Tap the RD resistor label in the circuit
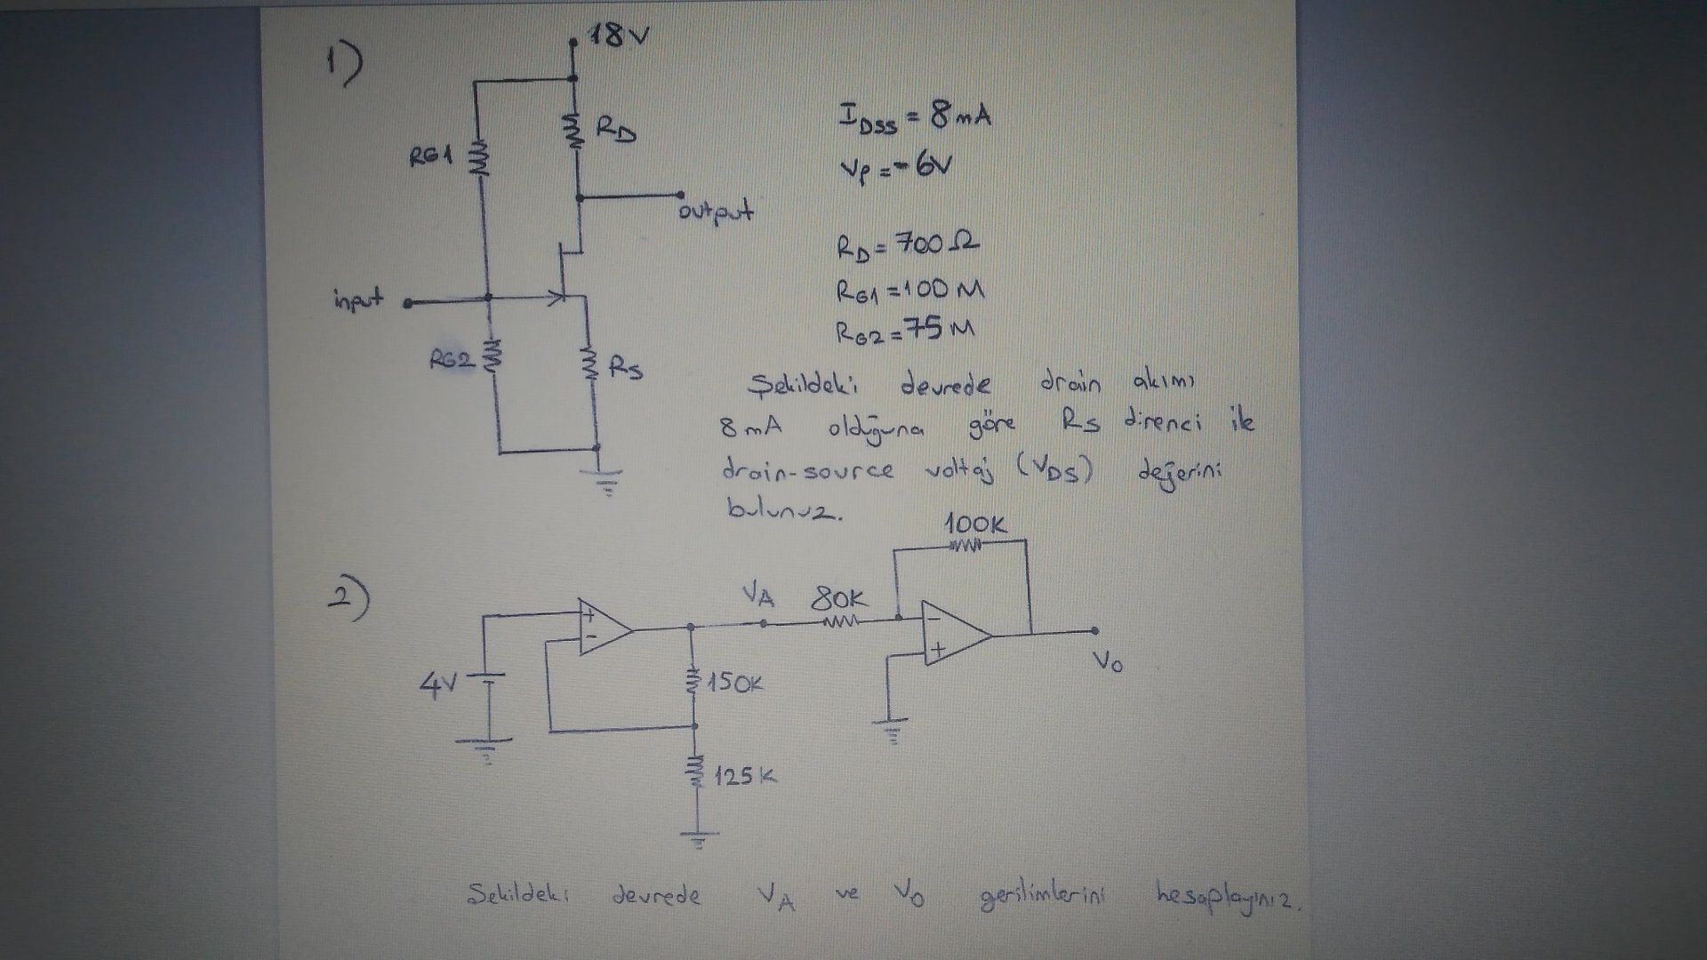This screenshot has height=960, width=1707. click(615, 131)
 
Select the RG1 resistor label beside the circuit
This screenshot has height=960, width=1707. click(430, 157)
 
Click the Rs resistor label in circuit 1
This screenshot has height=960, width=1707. click(627, 368)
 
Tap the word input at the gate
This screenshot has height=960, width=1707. click(358, 299)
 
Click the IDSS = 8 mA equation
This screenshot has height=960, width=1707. click(914, 116)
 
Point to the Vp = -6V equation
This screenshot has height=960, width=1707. click(894, 165)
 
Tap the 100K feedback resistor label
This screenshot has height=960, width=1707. click(975, 524)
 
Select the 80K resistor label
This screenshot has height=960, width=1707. click(839, 598)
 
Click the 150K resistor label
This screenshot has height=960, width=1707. click(735, 684)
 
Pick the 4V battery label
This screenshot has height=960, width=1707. click(437, 686)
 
